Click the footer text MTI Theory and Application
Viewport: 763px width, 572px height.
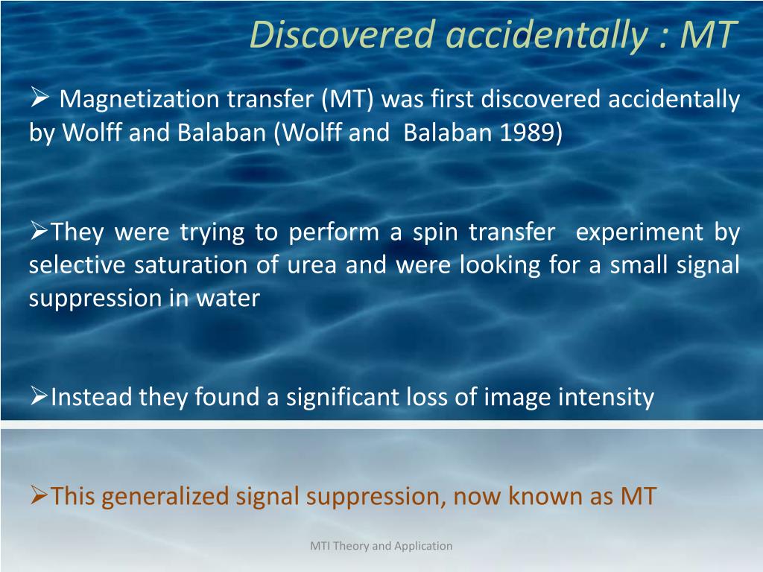[x=381, y=546]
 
